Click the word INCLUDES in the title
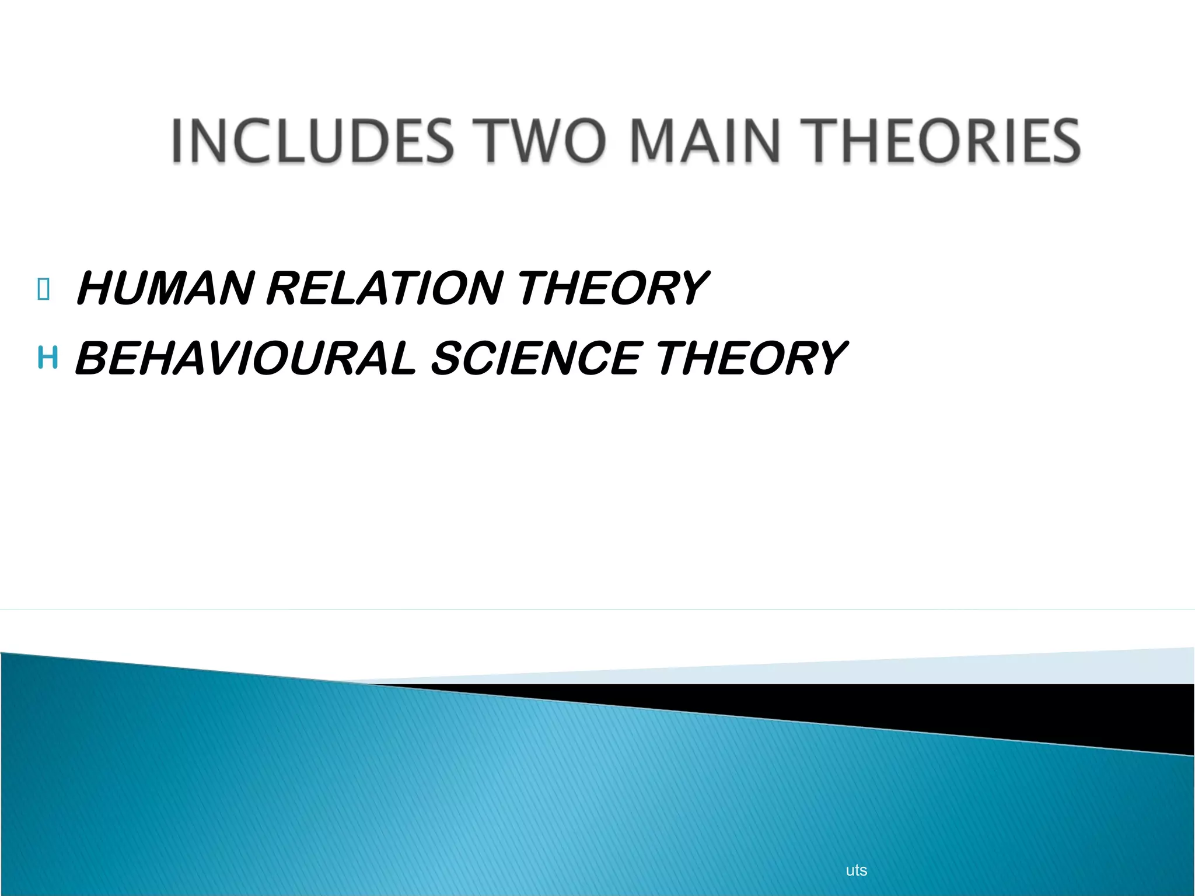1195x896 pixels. [312, 141]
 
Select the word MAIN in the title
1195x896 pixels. [705, 141]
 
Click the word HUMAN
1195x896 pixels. [166, 288]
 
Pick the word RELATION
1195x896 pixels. [385, 288]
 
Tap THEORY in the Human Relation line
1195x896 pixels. [613, 288]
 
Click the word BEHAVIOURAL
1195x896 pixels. [246, 358]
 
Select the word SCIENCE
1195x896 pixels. [536, 358]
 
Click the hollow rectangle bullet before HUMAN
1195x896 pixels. [43, 289]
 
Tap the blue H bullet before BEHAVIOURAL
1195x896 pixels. [47, 357]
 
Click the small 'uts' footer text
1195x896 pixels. [856, 870]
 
